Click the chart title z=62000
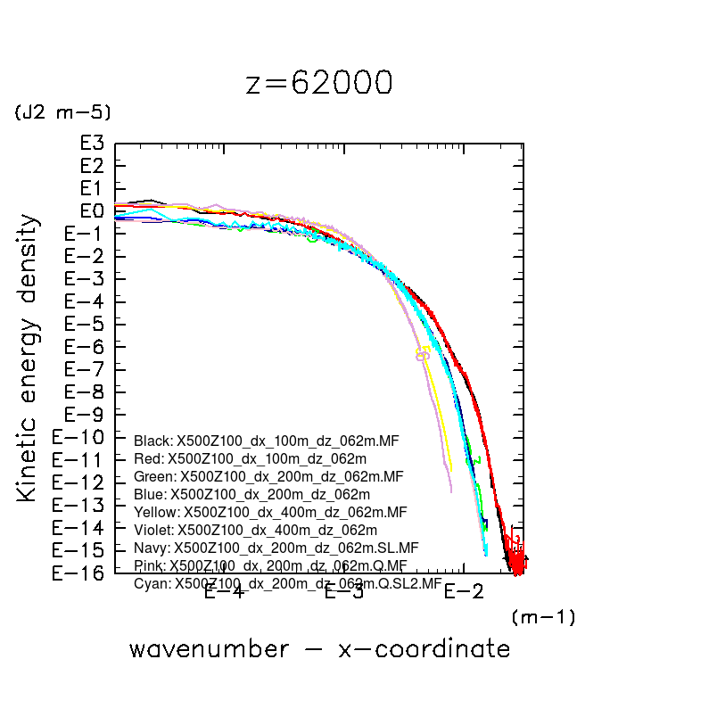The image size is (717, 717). pyautogui.click(x=318, y=82)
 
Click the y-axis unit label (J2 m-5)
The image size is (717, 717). pyautogui.click(x=62, y=112)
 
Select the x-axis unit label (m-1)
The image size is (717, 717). pyautogui.click(x=543, y=616)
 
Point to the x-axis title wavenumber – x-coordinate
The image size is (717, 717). pyautogui.click(x=319, y=649)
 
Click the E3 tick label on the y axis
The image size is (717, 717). pyautogui.click(x=92, y=144)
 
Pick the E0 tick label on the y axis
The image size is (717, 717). pyautogui.click(x=92, y=211)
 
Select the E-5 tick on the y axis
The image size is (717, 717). pyautogui.click(x=87, y=324)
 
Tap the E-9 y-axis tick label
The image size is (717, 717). pyautogui.click(x=87, y=415)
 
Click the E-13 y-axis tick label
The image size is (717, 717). pyautogui.click(x=81, y=505)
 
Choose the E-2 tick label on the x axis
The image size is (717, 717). pyautogui.click(x=463, y=591)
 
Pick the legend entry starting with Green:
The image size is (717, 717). pyautogui.click(x=268, y=476)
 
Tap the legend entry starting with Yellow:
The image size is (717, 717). pyautogui.click(x=270, y=512)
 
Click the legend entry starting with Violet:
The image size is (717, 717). pyautogui.click(x=255, y=530)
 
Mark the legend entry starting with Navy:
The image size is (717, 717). pyautogui.click(x=276, y=548)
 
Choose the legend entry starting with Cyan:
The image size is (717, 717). pyautogui.click(x=287, y=583)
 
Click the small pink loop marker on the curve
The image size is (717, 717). pyautogui.click(x=422, y=356)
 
